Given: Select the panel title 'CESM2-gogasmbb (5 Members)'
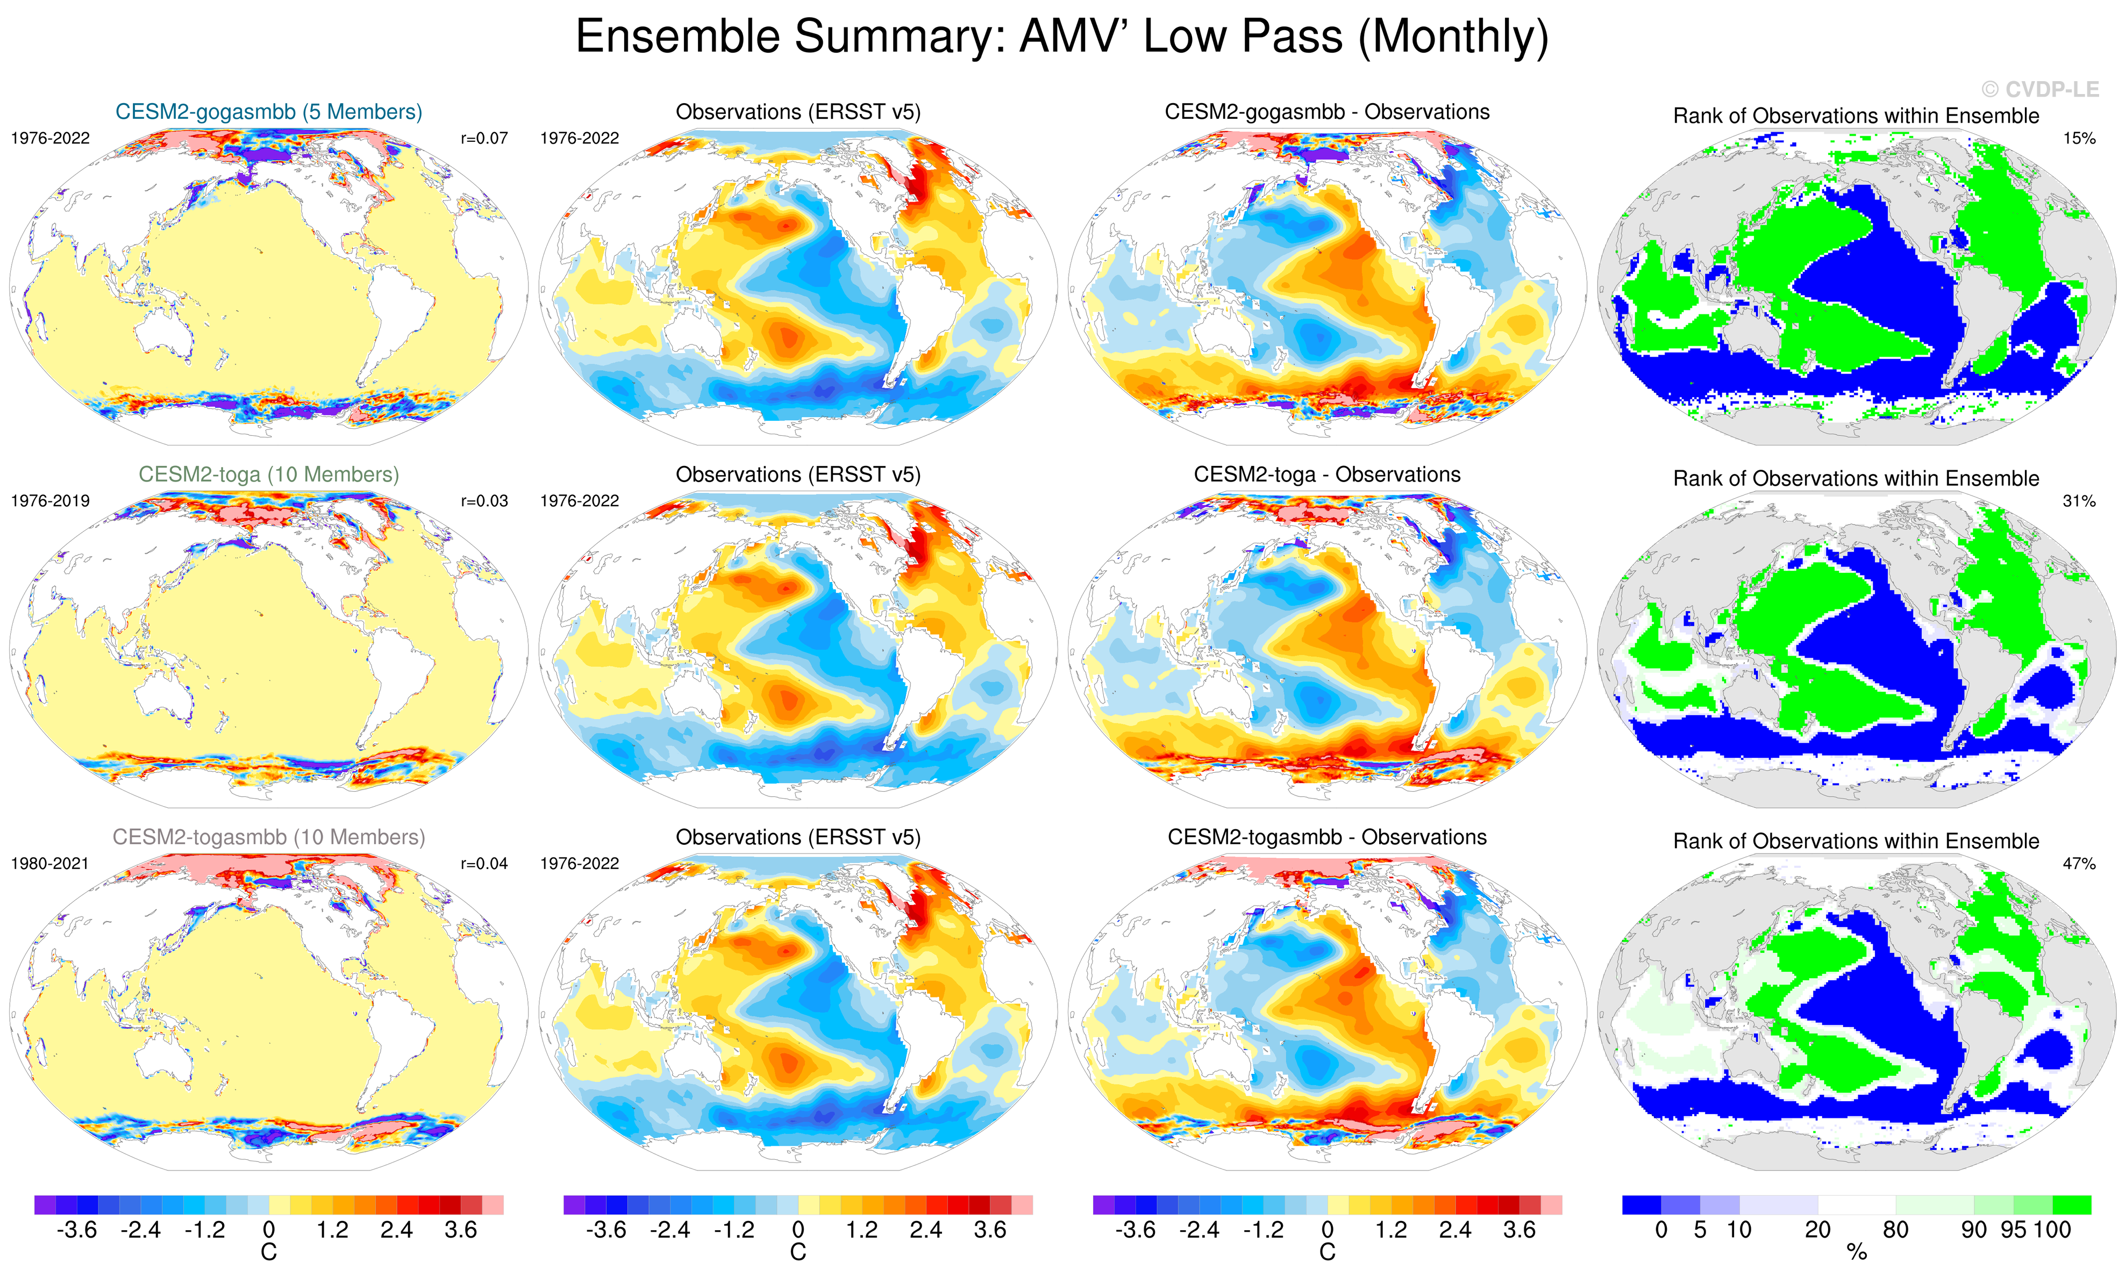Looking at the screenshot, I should pos(269,112).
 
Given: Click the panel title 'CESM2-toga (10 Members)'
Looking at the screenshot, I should pos(269,475).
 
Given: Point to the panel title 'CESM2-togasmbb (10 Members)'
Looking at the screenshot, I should pos(269,837).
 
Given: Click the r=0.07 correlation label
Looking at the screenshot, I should pos(484,138).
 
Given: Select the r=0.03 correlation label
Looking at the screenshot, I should pos(484,500).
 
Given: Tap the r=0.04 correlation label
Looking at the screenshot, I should pos(484,863).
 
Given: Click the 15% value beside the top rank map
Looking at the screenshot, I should pos(2079,138).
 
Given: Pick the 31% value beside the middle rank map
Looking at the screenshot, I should pos(2079,500).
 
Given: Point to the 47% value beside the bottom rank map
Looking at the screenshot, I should pos(2079,863).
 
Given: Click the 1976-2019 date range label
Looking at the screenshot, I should pos(50,500).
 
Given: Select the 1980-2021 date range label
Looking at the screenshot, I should pos(50,863).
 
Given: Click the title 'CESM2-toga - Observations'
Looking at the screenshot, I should pos(1326,475).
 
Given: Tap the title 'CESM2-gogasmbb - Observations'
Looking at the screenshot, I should pos(1326,112).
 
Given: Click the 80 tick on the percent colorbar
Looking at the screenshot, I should pos(1895,1230).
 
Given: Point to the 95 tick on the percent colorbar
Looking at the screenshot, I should pos(2013,1230).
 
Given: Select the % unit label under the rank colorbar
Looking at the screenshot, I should pos(1857,1253).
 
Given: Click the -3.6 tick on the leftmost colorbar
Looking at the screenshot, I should pos(77,1230).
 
